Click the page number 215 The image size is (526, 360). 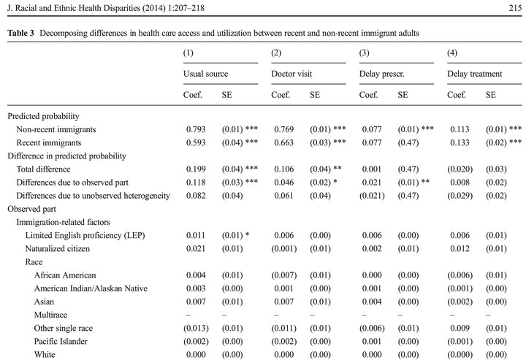click(515, 8)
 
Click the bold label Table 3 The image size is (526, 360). click(20, 33)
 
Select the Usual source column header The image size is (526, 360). click(205, 74)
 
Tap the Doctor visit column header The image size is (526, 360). click(291, 74)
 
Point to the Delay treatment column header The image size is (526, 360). click(474, 74)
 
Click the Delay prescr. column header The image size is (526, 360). click(382, 74)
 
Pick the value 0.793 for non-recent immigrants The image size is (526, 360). click(196, 129)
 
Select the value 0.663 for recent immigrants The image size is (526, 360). click(283, 142)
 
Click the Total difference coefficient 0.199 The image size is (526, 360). click(196, 169)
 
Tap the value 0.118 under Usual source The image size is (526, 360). click(196, 183)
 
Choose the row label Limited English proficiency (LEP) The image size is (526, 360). click(85, 235)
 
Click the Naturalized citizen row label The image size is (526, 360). click(58, 249)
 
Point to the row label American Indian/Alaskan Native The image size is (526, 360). click(91, 288)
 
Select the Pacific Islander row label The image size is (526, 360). click(61, 341)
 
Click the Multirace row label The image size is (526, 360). click(50, 315)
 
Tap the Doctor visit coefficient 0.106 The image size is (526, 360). click(283, 169)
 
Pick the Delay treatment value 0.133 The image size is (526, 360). click(460, 142)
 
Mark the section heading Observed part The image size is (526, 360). click(31, 209)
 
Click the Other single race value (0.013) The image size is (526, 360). click(196, 328)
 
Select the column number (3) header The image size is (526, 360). click(365, 53)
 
